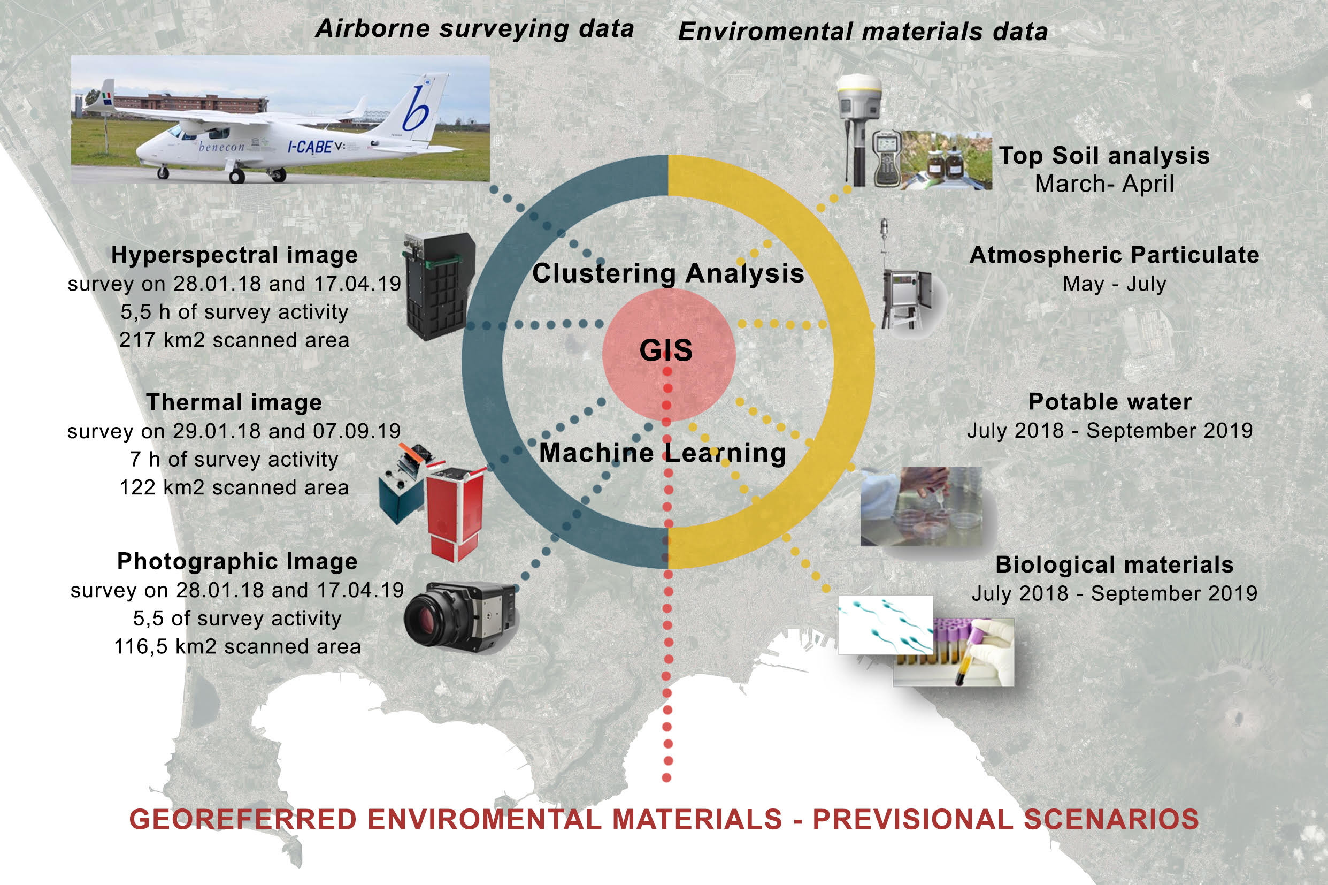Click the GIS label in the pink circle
point(666,350)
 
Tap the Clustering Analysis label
point(668,274)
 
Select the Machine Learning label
point(662,453)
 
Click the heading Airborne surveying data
point(474,29)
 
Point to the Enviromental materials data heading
point(863,31)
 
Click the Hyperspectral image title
point(234,255)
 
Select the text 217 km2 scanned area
point(234,340)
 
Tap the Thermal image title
point(234,402)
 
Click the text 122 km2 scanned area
point(234,487)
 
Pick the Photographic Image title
point(237,562)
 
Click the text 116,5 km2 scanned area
point(237,647)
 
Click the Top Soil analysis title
point(1104,156)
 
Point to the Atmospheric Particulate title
point(1114,255)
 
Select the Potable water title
point(1110,402)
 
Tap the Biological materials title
point(1114,564)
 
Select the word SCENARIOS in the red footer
point(1111,820)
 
